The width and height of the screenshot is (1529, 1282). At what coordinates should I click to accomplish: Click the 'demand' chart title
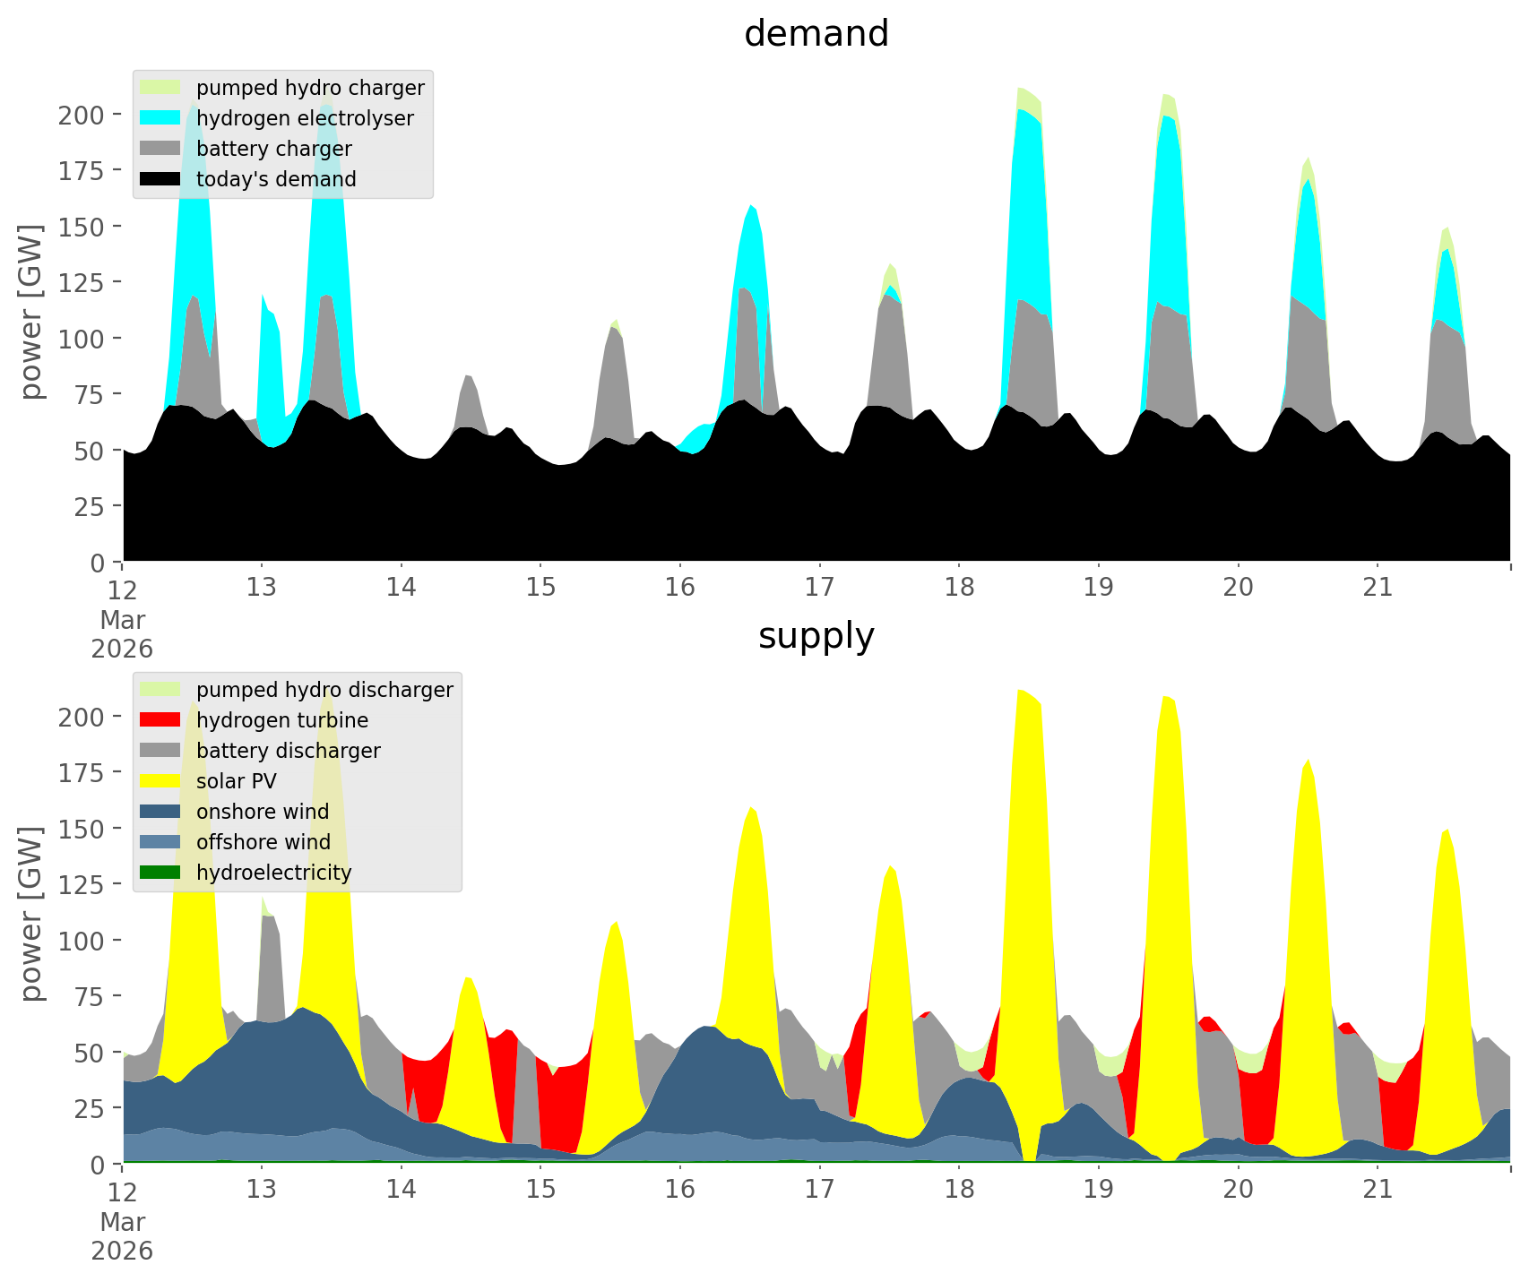(x=816, y=34)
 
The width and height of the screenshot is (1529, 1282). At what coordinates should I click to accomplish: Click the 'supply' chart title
(x=816, y=636)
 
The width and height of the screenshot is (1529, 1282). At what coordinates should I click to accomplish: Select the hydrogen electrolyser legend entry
(x=304, y=118)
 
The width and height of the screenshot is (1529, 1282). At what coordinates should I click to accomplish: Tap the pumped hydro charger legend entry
(x=309, y=88)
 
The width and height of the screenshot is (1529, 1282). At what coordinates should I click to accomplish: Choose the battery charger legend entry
(x=273, y=149)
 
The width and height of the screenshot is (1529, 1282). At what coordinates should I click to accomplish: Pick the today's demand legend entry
(x=275, y=179)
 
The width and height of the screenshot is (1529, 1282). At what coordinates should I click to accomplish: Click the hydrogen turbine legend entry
(x=281, y=720)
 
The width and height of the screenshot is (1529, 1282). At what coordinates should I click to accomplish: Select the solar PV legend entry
(x=236, y=781)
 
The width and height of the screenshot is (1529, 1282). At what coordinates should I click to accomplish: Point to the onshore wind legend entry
(x=262, y=812)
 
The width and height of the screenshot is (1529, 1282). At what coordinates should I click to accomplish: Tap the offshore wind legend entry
(x=263, y=842)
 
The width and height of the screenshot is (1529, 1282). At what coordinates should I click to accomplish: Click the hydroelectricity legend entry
(x=273, y=873)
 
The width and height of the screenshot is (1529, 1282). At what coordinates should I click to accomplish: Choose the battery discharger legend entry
(x=288, y=751)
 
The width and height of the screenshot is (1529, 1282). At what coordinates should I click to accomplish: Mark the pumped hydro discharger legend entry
(x=324, y=690)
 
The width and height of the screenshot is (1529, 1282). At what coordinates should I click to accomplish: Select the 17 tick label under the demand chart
(x=819, y=588)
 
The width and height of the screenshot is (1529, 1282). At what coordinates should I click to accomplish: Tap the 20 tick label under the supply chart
(x=1238, y=1190)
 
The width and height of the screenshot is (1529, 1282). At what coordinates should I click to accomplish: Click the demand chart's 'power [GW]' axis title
(x=31, y=312)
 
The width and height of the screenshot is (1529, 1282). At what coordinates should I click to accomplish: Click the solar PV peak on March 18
(x=1022, y=694)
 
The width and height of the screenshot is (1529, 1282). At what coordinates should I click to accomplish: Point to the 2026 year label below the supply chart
(x=122, y=1251)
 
